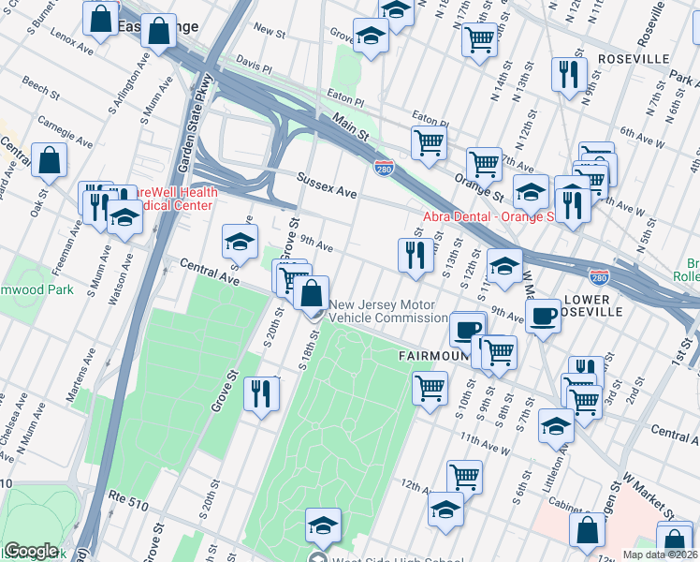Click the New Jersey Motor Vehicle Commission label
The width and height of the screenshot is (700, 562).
[387, 311]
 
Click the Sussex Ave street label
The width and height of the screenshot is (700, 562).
[327, 185]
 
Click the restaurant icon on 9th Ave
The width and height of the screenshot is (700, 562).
[414, 254]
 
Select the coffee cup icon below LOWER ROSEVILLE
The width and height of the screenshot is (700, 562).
[543, 315]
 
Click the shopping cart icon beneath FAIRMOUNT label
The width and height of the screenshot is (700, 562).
[430, 387]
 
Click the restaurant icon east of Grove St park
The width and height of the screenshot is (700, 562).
[261, 392]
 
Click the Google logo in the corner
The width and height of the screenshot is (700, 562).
[31, 551]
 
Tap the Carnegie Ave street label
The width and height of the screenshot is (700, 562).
[66, 131]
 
